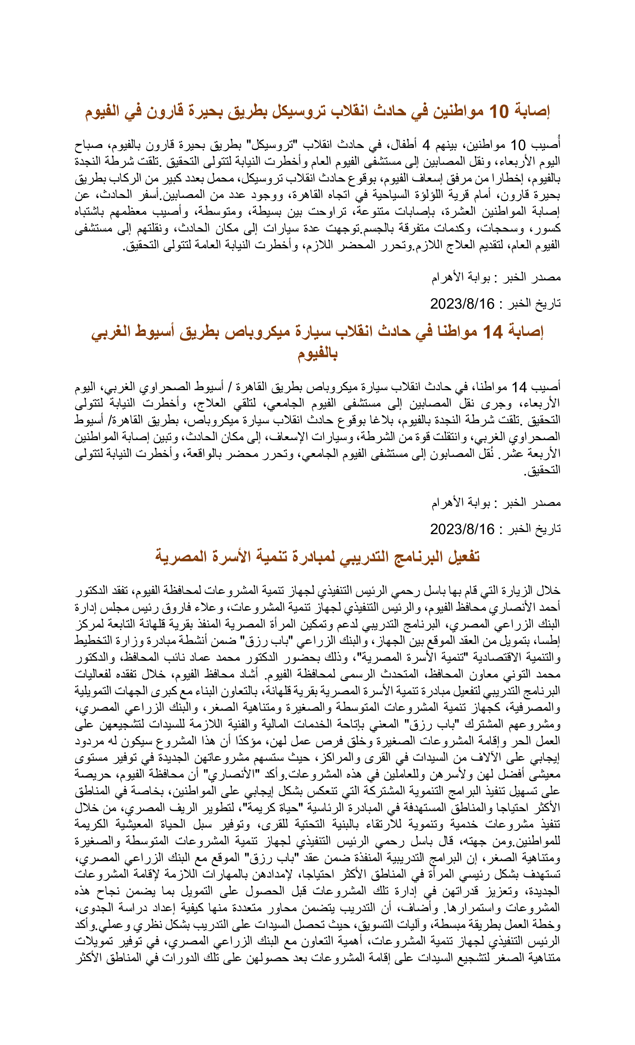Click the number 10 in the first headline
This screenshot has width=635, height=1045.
point(499,112)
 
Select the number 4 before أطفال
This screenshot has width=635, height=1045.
point(426,146)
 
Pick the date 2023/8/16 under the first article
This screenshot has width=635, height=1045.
point(462,304)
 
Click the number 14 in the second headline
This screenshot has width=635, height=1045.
point(493,332)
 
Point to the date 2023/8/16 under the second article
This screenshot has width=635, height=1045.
point(462,529)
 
